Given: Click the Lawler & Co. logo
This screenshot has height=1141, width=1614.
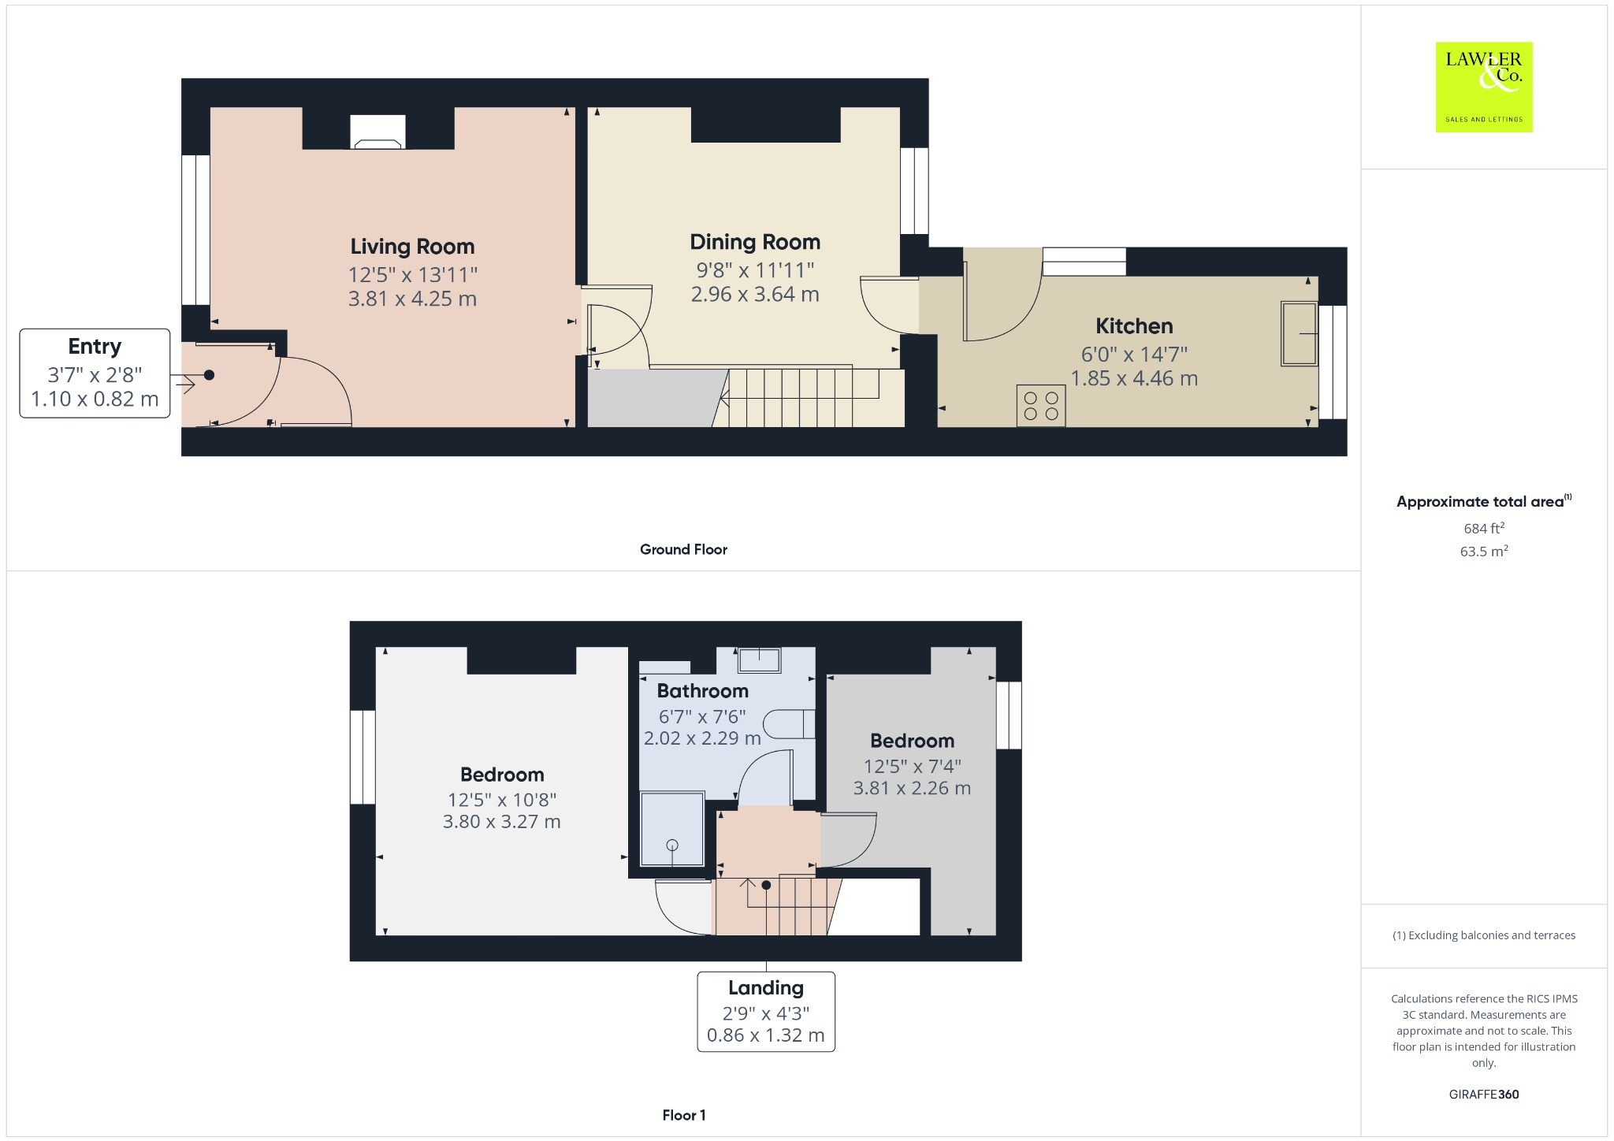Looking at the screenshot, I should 1483,87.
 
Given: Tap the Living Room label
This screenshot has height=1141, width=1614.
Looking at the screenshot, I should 412,247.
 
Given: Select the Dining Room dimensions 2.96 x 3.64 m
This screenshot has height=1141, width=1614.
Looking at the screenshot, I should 754,295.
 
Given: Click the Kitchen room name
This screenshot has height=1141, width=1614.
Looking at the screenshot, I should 1134,326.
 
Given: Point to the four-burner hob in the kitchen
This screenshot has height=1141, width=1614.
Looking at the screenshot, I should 1040,405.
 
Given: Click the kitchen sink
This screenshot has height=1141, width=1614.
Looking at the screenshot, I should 1299,333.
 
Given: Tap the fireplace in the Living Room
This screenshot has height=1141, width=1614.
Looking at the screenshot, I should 377,132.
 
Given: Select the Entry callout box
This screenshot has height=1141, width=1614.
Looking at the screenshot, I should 95,373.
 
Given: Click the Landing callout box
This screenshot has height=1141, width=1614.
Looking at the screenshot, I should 765,1012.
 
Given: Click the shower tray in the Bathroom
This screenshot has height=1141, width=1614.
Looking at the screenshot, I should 671,829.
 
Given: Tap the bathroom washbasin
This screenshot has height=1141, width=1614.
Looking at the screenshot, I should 759,660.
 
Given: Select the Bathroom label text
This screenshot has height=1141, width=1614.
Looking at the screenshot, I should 702,691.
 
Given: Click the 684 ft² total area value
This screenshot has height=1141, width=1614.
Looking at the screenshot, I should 1483,528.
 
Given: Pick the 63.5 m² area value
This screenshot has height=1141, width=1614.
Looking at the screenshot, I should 1483,552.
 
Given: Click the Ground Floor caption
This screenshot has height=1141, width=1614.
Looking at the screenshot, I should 683,550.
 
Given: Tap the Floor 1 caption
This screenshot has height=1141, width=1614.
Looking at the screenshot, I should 683,1115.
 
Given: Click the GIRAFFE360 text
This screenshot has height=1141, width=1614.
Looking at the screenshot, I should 1483,1095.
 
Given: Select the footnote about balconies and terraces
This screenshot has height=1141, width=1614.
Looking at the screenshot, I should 1483,935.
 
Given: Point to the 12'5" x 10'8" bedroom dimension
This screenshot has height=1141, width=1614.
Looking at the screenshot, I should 502,800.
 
